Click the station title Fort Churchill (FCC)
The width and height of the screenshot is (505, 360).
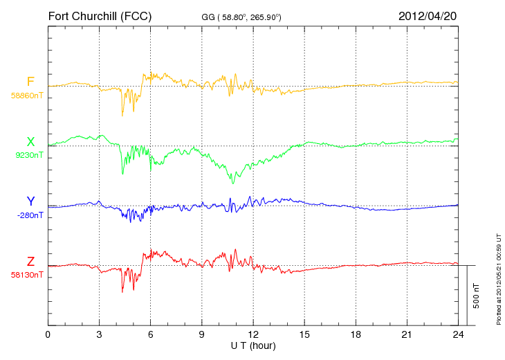[x=100, y=15]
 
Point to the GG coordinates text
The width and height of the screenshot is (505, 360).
[x=241, y=16]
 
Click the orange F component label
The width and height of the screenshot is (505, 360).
[x=30, y=82]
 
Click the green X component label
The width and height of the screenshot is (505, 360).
[x=30, y=142]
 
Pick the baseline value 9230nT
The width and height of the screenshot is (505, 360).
[x=29, y=155]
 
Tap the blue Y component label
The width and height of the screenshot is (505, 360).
[x=30, y=201]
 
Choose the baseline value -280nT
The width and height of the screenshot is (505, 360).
[x=29, y=215]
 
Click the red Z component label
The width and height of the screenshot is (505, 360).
[x=30, y=262]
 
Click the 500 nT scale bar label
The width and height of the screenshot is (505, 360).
[x=477, y=295]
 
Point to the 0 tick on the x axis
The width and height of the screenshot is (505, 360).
[x=48, y=334]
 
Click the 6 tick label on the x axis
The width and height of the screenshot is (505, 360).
[x=151, y=334]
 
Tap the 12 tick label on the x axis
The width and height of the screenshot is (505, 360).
[x=253, y=334]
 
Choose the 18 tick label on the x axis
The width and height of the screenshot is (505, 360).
[x=356, y=334]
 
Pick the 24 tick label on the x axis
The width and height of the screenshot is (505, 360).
[x=458, y=334]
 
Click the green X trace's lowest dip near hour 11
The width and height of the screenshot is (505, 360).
[x=233, y=183]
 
